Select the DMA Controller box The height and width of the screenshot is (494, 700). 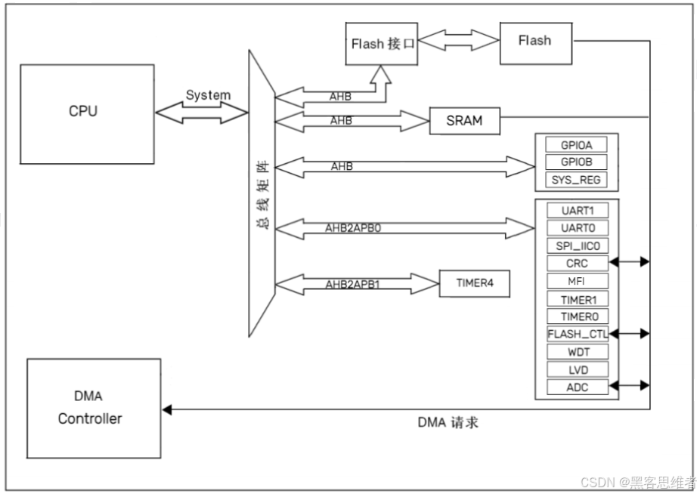click(x=94, y=408)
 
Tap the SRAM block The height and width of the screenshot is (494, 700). click(x=464, y=120)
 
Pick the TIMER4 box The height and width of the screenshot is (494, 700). click(x=474, y=284)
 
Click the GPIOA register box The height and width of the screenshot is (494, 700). click(x=577, y=146)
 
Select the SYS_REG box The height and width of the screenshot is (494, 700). click(x=577, y=181)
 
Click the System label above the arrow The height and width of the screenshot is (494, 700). click(x=208, y=95)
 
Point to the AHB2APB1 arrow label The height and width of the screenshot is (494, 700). click(x=352, y=285)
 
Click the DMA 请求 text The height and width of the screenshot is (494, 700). click(x=448, y=422)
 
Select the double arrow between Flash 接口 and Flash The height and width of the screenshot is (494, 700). click(x=459, y=42)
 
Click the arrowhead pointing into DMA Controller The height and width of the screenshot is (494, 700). click(x=168, y=409)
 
